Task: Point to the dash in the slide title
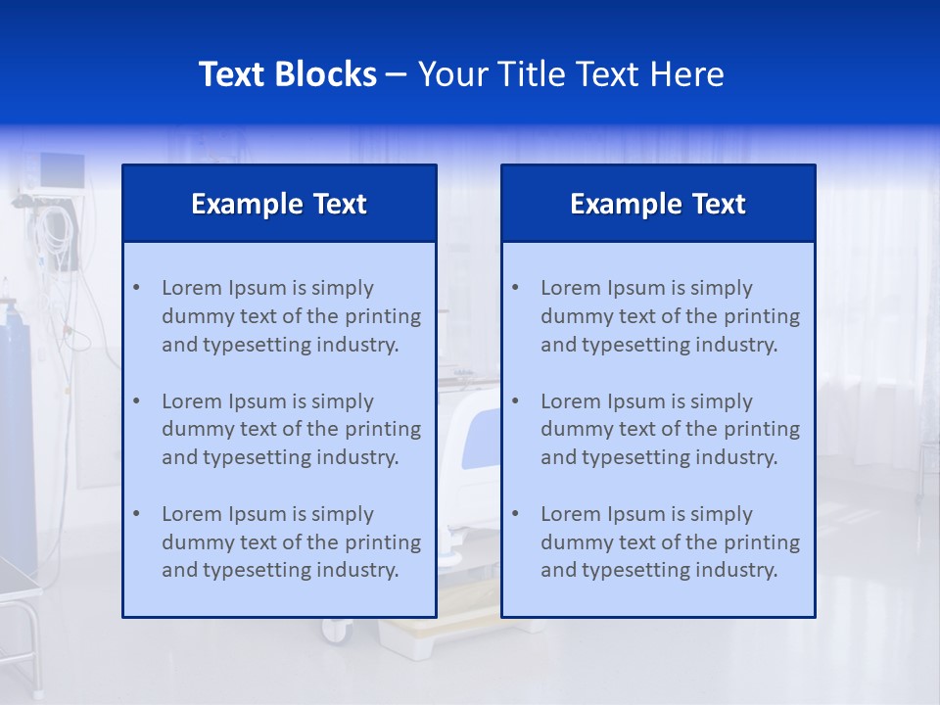coord(397,74)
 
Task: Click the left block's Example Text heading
coord(279,204)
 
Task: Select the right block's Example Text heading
coord(658,204)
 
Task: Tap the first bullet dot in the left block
coord(136,288)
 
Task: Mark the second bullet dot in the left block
coord(136,401)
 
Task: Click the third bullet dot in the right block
coord(515,514)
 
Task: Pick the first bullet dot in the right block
coord(515,288)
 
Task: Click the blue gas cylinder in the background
coord(18,431)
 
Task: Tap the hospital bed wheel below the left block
coord(336,631)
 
